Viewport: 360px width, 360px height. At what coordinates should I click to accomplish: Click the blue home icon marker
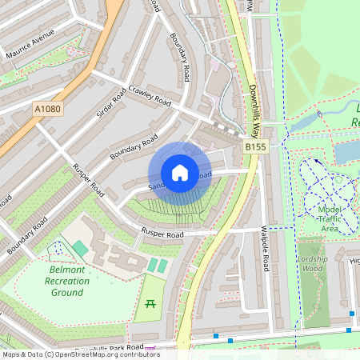coord(180,173)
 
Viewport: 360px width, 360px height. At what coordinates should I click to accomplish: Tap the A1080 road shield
coord(47,107)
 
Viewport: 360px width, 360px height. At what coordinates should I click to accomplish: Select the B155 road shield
coord(255,147)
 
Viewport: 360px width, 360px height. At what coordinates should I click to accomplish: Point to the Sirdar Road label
coord(111,105)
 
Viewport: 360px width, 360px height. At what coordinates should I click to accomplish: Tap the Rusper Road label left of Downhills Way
coord(162,234)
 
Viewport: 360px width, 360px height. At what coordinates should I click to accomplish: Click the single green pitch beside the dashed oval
coord(80,249)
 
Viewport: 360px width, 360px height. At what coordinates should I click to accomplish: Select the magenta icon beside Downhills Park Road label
coord(151,349)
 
